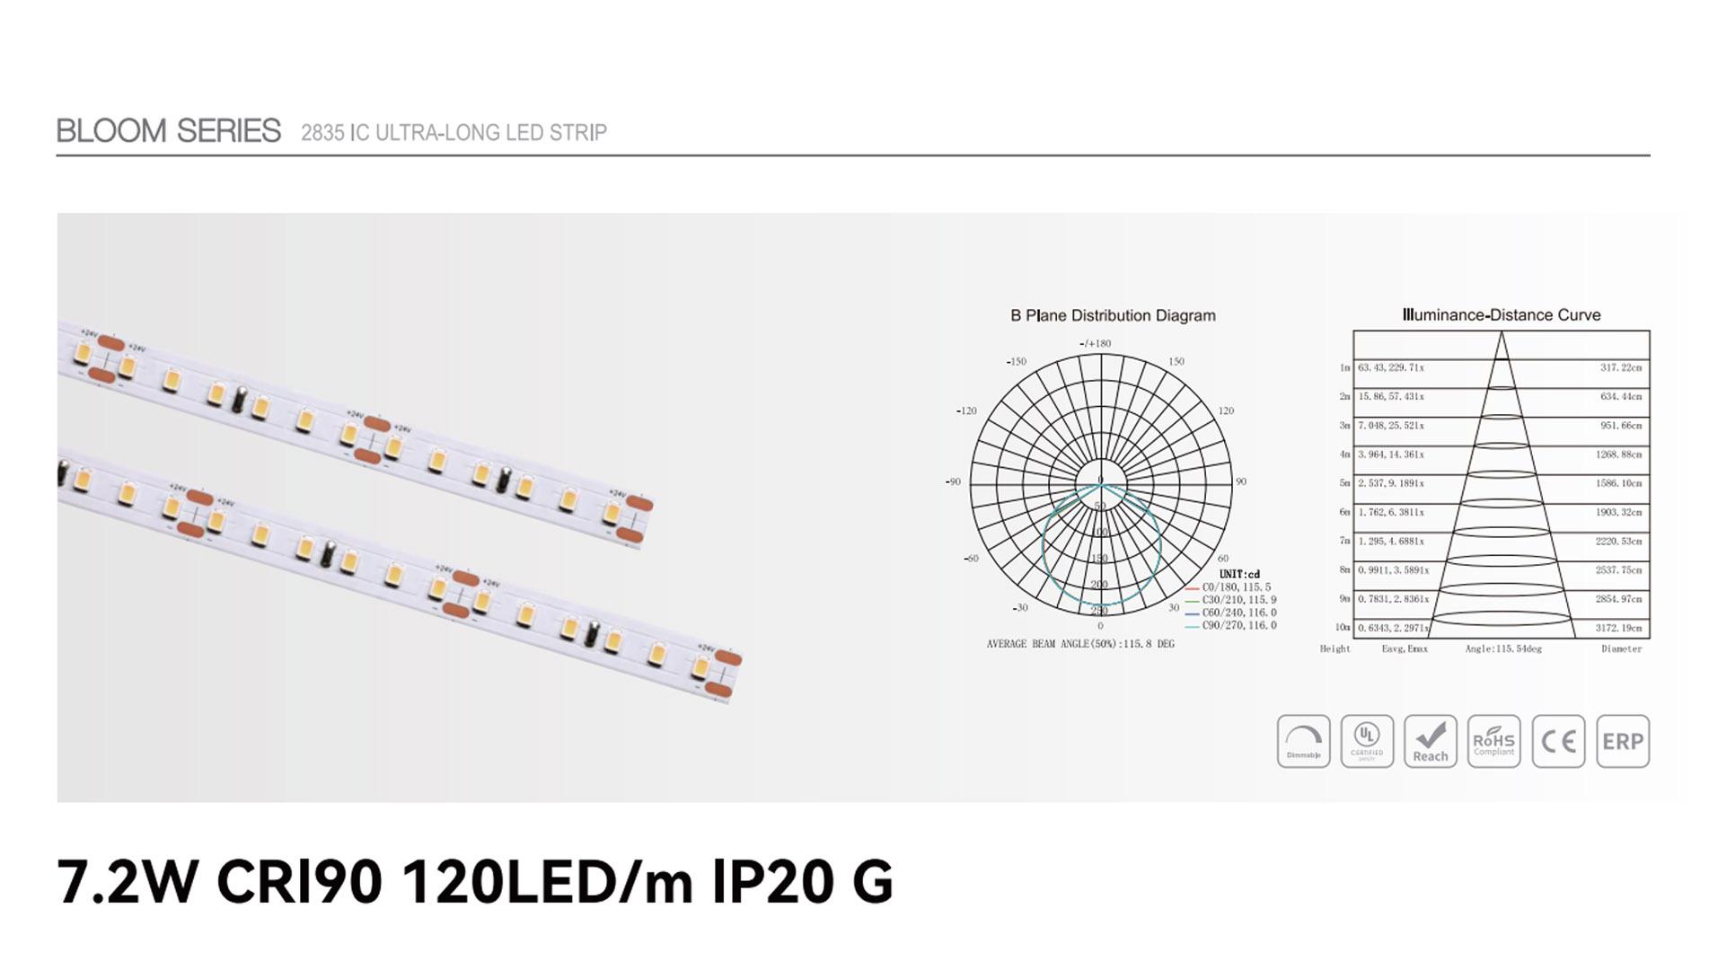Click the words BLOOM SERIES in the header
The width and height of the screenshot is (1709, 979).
(x=168, y=131)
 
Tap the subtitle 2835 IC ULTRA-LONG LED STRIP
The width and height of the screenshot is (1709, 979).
(x=454, y=133)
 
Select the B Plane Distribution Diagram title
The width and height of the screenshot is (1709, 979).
(x=1113, y=315)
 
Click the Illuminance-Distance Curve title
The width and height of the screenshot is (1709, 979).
(x=1501, y=315)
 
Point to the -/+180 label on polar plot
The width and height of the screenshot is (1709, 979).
(x=1095, y=343)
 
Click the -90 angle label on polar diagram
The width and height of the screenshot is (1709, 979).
(x=953, y=482)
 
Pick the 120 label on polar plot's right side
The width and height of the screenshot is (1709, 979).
(x=1226, y=411)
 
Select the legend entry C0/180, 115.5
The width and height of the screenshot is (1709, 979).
(x=1236, y=587)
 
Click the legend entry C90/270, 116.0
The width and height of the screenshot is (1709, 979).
(x=1238, y=626)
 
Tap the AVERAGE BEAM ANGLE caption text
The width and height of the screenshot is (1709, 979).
(x=1080, y=644)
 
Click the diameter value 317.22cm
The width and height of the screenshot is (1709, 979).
(x=1620, y=368)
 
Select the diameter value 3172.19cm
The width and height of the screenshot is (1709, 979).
(x=1618, y=629)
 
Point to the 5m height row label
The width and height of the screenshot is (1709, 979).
(x=1344, y=484)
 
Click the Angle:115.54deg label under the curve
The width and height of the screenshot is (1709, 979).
(x=1502, y=648)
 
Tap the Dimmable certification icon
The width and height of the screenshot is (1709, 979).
(x=1303, y=741)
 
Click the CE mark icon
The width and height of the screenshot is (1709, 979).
(x=1557, y=741)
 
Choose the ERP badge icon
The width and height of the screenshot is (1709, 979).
(x=1622, y=741)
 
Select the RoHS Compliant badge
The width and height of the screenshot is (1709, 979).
(x=1493, y=741)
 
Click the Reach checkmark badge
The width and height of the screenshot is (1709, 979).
(x=1430, y=741)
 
